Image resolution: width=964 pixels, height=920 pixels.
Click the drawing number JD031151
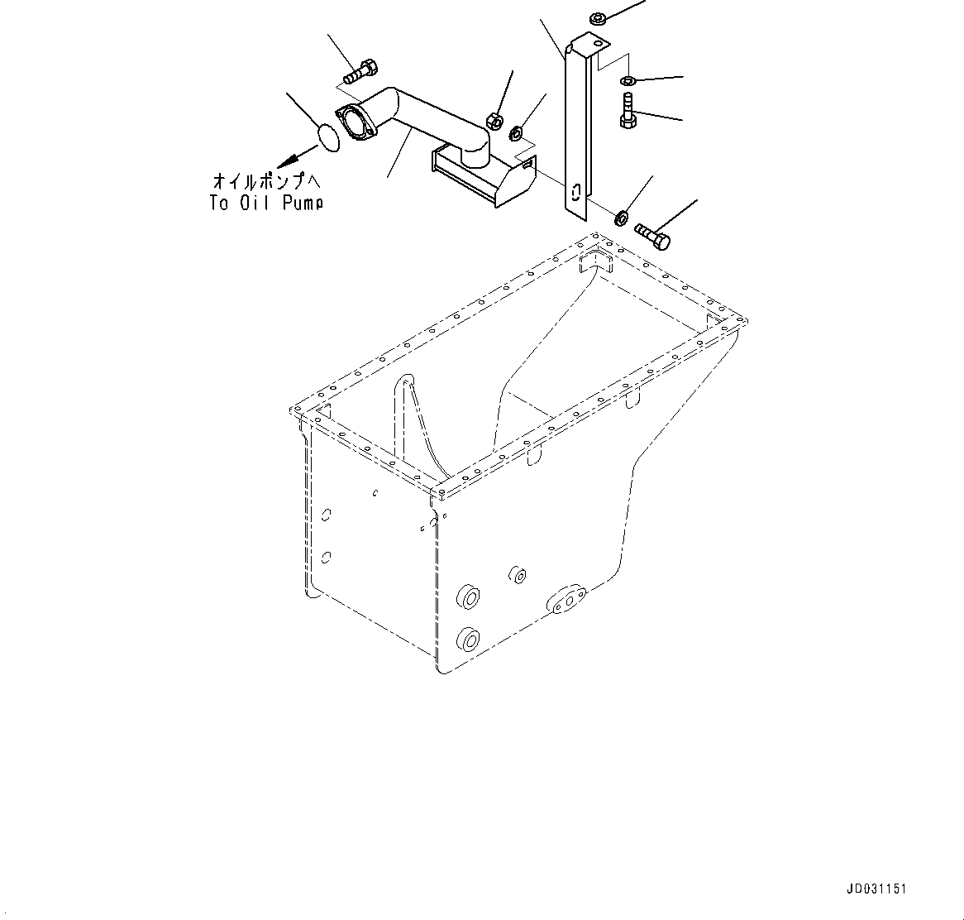tap(876, 889)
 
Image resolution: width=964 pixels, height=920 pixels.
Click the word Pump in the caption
tap(302, 203)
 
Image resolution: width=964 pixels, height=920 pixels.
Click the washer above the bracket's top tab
tap(599, 17)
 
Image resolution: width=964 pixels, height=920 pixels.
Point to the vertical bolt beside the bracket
tap(628, 112)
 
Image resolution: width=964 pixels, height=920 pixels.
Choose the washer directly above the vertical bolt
tap(628, 80)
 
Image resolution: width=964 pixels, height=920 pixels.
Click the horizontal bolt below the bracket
tap(654, 235)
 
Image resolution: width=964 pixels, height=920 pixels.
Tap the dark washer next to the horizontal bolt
tap(619, 218)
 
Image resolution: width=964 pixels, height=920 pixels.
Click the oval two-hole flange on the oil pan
tap(566, 600)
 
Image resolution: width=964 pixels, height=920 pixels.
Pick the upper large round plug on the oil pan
tap(470, 597)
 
